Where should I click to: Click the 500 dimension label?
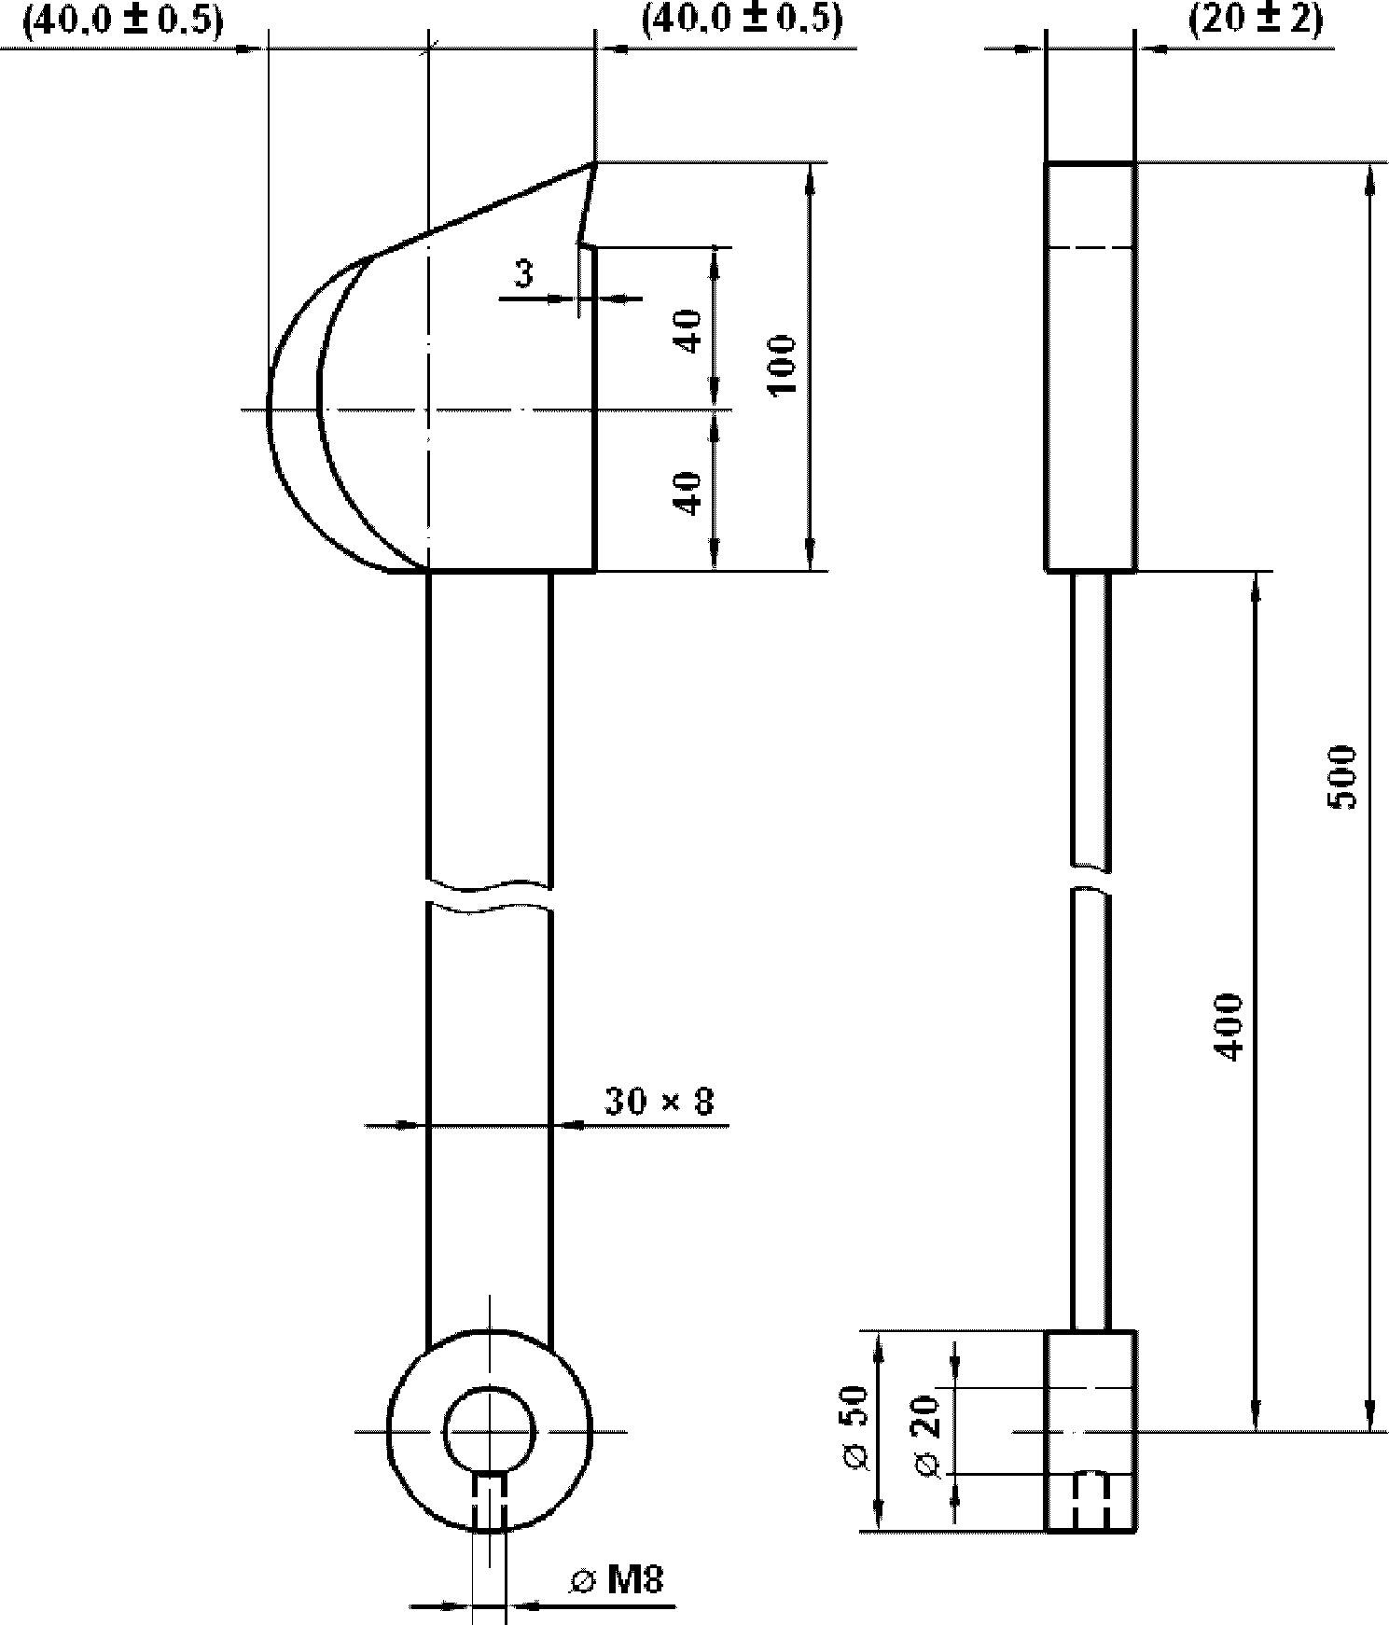[1343, 777]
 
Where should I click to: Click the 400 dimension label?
[1230, 1026]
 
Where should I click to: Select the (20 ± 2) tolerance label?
[1255, 20]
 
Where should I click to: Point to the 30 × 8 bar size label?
[659, 1101]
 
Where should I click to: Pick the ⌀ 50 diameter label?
[854, 1429]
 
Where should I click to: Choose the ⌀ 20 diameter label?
[927, 1437]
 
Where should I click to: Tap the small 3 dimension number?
[524, 273]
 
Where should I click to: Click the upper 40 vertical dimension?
[688, 332]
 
